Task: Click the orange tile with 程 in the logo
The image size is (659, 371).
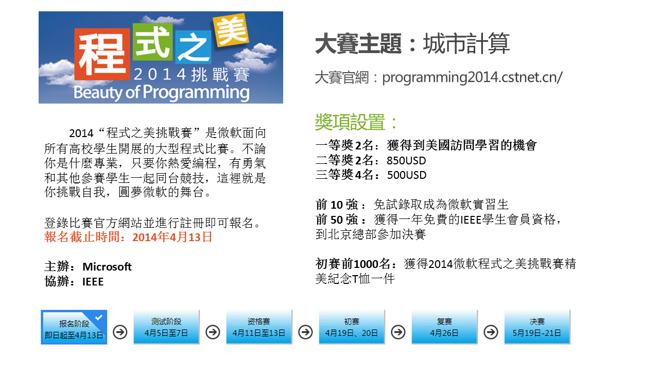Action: coord(102,54)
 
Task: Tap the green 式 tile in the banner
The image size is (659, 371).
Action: coord(152,42)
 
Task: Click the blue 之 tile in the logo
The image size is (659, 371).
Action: coord(193,47)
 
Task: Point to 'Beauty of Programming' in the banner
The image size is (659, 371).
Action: coord(162,92)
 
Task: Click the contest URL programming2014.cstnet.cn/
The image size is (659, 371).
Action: coord(472,78)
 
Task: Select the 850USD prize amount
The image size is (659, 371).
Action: coord(406,161)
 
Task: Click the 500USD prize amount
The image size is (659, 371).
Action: coord(407,175)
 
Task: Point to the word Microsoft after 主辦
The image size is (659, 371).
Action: coord(107,267)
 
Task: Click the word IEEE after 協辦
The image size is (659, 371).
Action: coord(93,282)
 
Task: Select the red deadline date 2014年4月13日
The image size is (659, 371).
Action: coord(172,238)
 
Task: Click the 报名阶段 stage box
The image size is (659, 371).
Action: coord(74,327)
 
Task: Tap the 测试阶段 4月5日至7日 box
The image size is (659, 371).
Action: coord(166,327)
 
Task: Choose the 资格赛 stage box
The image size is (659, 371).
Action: coord(259,327)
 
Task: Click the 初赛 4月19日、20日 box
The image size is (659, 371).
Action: coord(352,327)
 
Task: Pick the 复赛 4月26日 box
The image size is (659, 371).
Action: coord(444,327)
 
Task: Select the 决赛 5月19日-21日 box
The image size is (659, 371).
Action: coord(537,327)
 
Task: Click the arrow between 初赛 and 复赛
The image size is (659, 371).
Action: coord(398,332)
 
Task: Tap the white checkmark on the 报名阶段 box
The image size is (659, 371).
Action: coord(98,317)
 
